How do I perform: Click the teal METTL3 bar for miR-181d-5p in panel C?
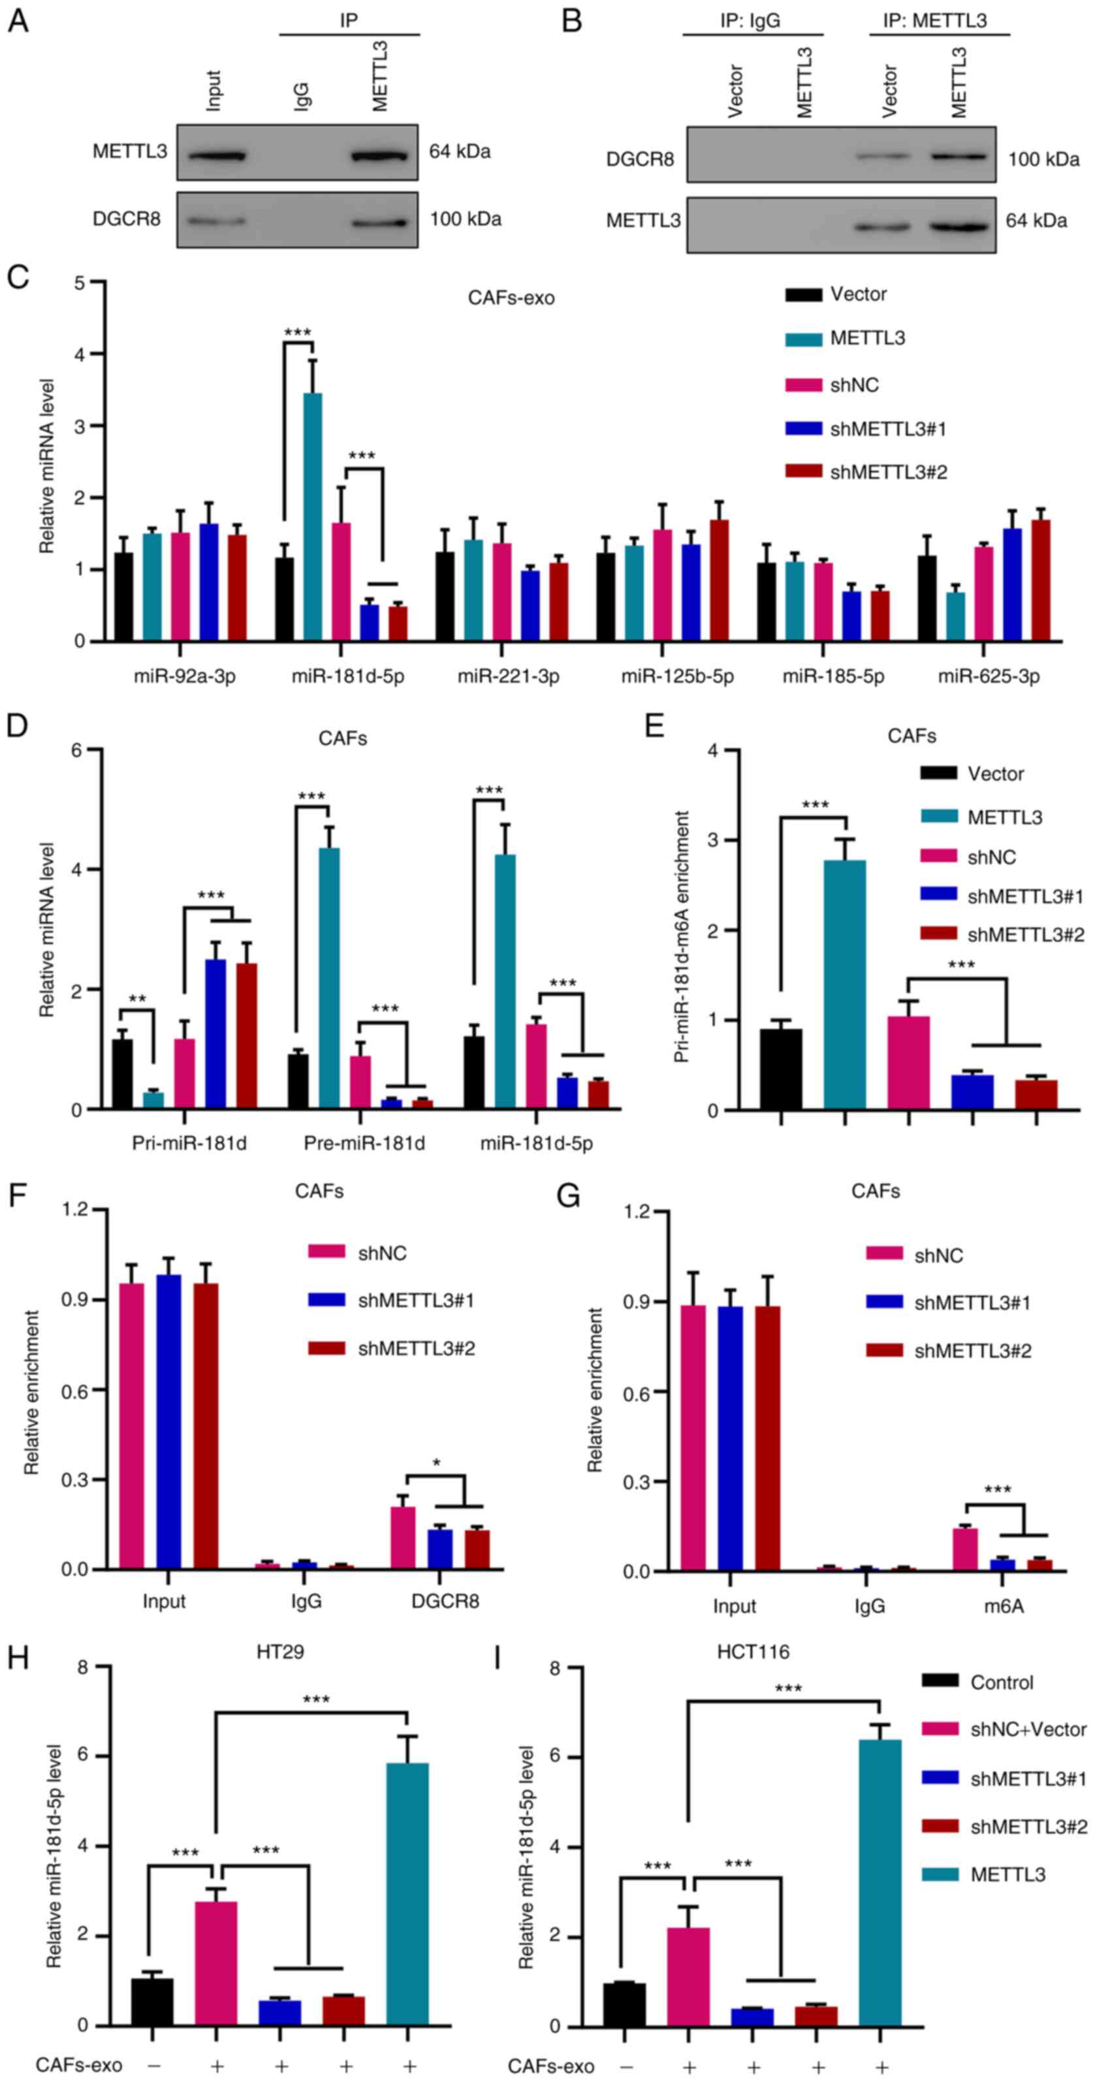click(x=312, y=517)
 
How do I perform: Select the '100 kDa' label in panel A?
click(x=465, y=219)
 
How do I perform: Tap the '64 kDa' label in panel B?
click(x=1036, y=221)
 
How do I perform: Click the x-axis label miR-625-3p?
click(x=989, y=676)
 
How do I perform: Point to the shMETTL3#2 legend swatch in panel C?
click(x=803, y=471)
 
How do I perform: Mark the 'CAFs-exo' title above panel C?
click(x=511, y=298)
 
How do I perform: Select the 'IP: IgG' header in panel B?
click(x=750, y=20)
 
